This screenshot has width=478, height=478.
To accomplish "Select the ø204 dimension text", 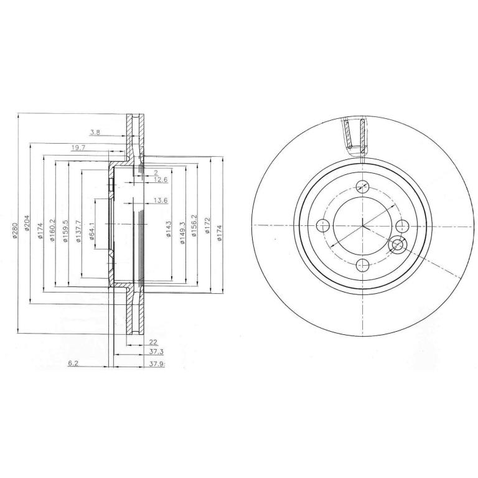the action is point(27,223).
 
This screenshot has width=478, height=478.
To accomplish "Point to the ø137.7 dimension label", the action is point(78,231).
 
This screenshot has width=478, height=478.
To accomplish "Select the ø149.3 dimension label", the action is point(183,233).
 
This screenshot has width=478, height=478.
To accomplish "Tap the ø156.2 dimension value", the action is point(194,225).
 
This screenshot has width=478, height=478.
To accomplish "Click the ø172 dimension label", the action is point(207,225).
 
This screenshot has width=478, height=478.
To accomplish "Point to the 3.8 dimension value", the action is point(95,133).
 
